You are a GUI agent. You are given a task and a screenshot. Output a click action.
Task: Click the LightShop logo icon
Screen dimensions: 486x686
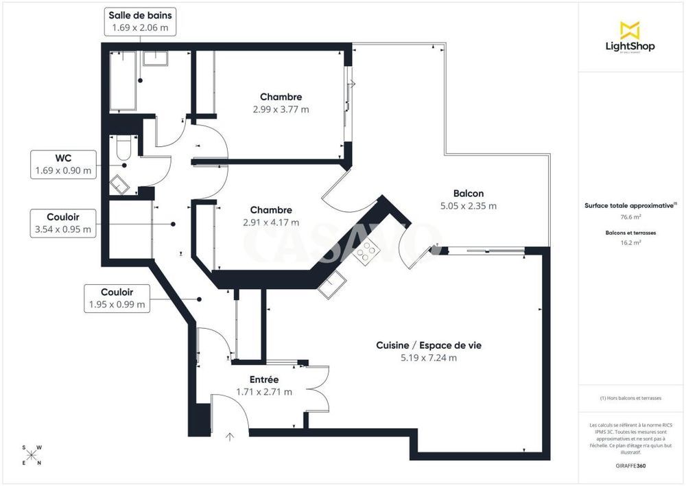630,30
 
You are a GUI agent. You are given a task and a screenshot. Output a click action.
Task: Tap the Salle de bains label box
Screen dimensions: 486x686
141,21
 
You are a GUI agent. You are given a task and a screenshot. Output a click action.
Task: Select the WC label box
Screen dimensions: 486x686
64,165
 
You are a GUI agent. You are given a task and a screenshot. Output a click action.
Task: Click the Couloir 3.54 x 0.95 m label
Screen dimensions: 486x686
64,223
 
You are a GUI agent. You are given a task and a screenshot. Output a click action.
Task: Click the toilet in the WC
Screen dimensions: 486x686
123,147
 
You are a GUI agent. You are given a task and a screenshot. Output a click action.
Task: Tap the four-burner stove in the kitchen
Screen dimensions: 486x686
366,251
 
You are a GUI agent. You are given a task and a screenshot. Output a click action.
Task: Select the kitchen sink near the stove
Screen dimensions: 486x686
335,282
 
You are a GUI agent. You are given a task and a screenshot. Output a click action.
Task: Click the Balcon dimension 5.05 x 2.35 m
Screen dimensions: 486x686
468,205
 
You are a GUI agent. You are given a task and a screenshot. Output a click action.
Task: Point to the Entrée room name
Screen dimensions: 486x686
264,379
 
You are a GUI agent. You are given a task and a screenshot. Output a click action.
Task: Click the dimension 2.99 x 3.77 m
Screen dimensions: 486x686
281,109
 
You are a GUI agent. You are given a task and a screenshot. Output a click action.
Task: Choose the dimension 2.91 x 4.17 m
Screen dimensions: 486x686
271,222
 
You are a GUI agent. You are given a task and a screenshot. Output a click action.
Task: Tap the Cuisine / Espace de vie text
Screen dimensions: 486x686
429,345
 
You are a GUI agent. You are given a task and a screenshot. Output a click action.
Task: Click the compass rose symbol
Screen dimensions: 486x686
32,455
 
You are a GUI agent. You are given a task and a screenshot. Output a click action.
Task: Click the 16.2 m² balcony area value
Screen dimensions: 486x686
630,242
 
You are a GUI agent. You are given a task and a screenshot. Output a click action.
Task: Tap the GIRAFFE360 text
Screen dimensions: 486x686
630,465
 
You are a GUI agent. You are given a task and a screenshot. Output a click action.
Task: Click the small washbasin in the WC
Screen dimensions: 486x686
120,183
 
